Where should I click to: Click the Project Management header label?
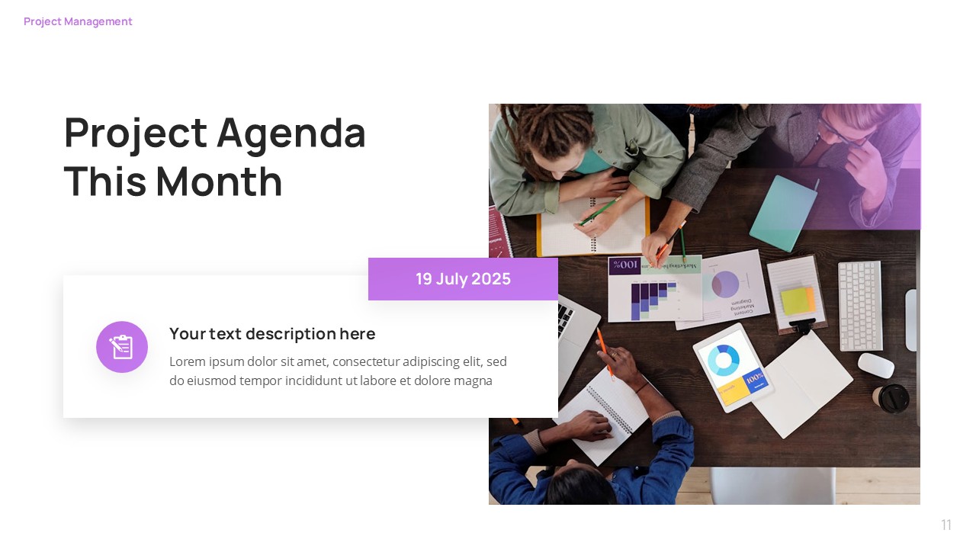coord(78,21)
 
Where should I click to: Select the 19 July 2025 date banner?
coord(463,279)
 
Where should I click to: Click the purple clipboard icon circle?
coord(122,347)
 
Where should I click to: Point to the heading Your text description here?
coord(272,334)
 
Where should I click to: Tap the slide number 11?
coord(946,525)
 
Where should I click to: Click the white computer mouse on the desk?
coord(875,365)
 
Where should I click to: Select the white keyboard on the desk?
coord(860,304)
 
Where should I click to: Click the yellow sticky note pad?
coord(797,300)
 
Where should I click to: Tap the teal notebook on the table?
coord(783,212)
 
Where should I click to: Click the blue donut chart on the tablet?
coord(723,360)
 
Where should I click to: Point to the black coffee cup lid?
coord(892,397)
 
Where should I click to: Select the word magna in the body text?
coord(473,380)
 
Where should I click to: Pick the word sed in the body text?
coord(497,361)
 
